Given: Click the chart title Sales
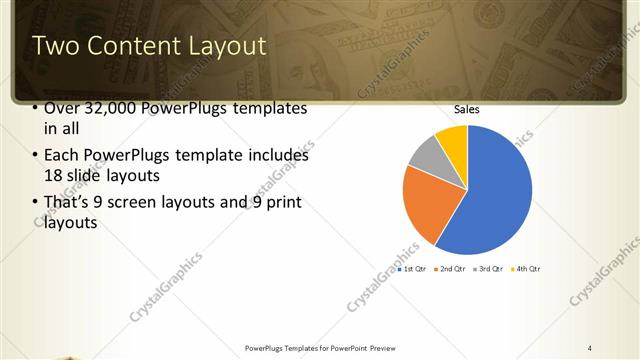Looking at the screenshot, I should (467, 109).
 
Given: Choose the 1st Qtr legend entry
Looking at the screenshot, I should (412, 269).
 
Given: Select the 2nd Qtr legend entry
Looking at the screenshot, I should (450, 269).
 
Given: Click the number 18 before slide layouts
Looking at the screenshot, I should (54, 175).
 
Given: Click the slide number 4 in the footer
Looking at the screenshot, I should (590, 347).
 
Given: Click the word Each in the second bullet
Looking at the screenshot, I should (60, 155).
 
